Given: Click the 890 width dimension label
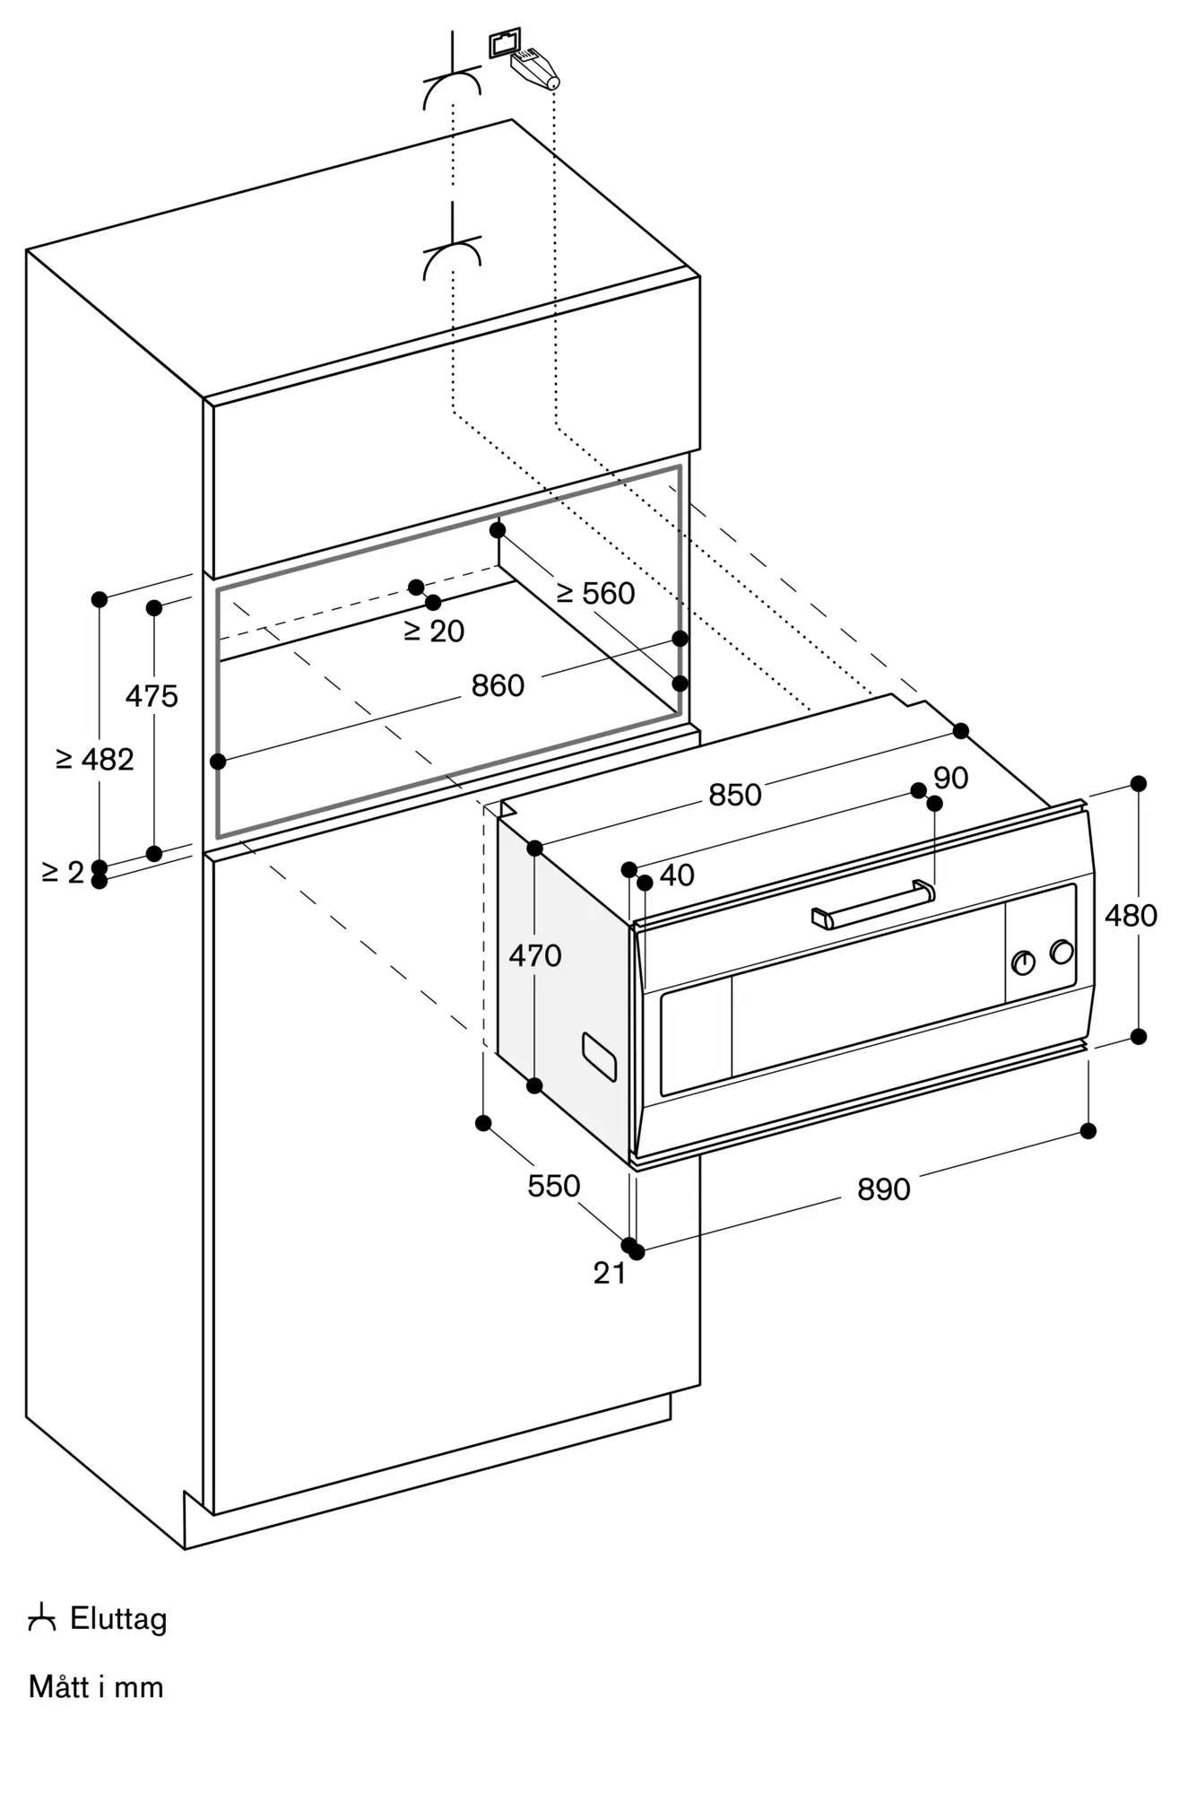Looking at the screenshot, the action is coord(883,1189).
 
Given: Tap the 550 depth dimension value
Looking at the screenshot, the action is coord(553,1186).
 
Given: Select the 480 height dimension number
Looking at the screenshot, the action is coord(1131,916).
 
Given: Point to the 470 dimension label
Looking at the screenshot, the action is coord(535,955).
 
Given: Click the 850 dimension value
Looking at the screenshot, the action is coord(735,795).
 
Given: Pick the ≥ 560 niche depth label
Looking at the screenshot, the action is coord(595,593).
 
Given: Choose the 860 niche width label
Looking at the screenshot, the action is coord(498,686).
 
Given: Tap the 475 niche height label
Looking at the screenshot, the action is coord(152,695).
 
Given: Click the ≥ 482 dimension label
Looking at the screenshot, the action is coord(95,760).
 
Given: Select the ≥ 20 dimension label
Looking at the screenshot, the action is coord(435,631).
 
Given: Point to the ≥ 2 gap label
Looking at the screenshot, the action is coord(63,871).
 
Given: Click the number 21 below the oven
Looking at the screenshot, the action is coord(610,1273).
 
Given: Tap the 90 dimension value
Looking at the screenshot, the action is coord(950,778).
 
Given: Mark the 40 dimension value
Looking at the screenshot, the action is coord(677,875).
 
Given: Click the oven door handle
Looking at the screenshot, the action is coord(872,904).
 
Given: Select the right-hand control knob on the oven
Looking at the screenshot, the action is coord(1062,952).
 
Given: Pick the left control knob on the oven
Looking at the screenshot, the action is coord(1023,963).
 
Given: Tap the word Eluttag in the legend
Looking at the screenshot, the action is coord(118,1620).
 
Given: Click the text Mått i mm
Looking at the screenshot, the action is coord(96,1687).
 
